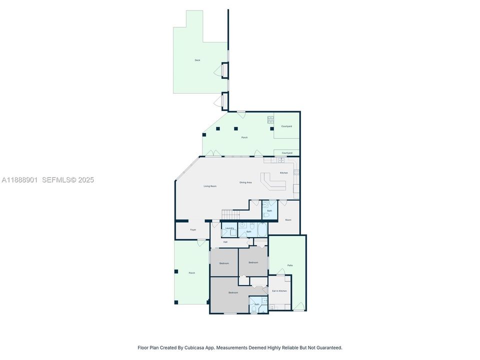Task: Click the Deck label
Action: (x=197, y=60)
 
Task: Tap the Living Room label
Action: (x=210, y=186)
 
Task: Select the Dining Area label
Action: (x=245, y=182)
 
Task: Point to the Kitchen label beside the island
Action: (x=283, y=173)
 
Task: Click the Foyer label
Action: (x=193, y=230)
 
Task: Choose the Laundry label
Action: (x=229, y=228)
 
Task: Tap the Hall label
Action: (x=225, y=242)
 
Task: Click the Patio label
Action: (x=290, y=265)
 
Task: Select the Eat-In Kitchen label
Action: (x=279, y=291)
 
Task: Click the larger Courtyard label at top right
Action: (x=286, y=126)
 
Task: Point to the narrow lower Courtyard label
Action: (x=286, y=153)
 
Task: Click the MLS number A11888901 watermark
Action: (x=20, y=180)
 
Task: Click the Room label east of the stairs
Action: (x=288, y=220)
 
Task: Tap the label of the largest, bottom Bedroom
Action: (x=233, y=292)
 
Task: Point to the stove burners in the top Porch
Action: (x=270, y=119)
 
